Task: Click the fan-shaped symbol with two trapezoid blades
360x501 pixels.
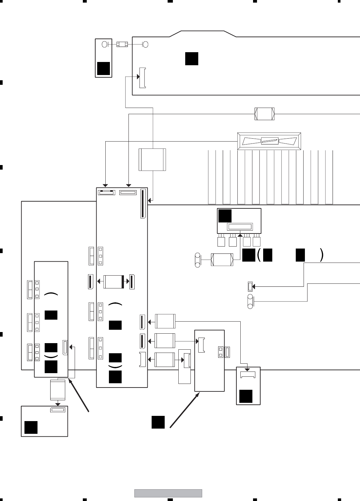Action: [269, 141]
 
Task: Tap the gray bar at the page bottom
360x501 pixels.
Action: [168, 493]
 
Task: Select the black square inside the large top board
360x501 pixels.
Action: [192, 58]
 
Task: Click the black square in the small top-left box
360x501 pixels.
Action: [103, 68]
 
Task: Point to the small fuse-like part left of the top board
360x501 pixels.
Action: [122, 44]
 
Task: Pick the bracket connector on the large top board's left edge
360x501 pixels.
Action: [142, 78]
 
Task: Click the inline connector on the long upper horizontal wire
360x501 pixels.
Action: [264, 114]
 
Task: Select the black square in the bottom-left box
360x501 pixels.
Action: [31, 427]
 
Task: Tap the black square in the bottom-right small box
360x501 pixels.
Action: [246, 396]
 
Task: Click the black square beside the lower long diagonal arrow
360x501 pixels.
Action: [158, 422]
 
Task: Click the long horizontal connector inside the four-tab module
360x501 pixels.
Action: [240, 227]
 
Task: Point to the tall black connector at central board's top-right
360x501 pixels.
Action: [143, 204]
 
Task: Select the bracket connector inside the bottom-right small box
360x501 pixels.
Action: [248, 375]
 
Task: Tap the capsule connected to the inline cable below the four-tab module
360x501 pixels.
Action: [198, 260]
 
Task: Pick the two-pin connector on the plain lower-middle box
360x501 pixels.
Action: [221, 352]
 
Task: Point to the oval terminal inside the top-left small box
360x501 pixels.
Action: [105, 44]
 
